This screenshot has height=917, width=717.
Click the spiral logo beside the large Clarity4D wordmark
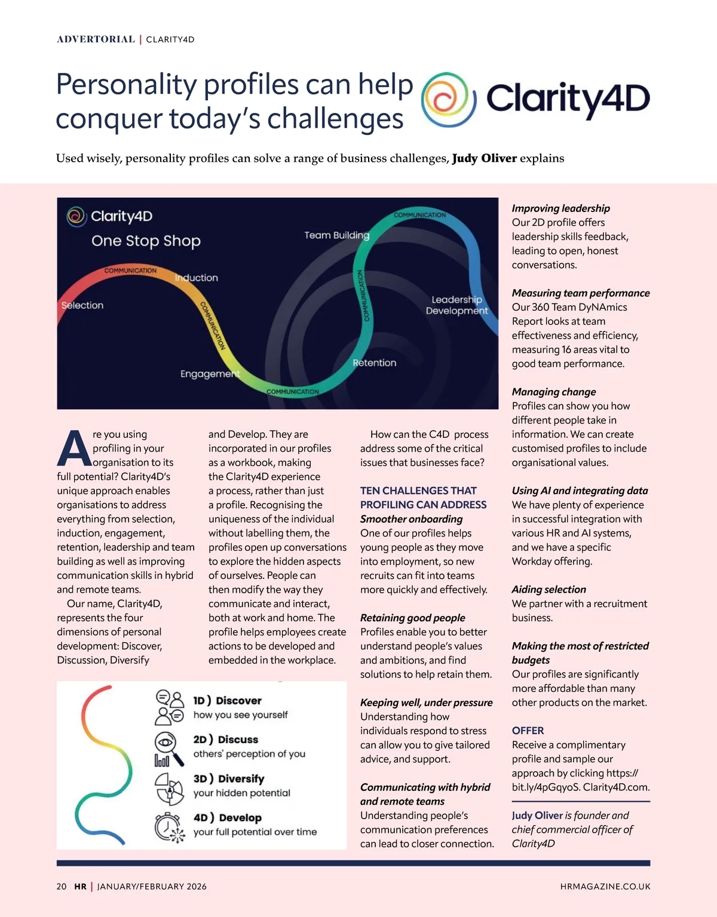tap(448, 100)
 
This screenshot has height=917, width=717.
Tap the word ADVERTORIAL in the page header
tap(96, 39)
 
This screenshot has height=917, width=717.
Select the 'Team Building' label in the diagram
tap(336, 235)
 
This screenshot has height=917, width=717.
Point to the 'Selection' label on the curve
tap(82, 305)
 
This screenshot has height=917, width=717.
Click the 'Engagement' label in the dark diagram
tap(210, 374)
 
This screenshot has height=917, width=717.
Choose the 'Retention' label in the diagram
tap(374, 363)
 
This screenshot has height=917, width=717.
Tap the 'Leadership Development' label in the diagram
tap(456, 305)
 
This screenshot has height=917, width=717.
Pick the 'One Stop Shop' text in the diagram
tap(146, 241)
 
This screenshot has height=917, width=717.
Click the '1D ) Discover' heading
tap(227, 700)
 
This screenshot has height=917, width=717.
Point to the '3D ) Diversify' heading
tap(228, 778)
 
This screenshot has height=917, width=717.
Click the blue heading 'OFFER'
tap(528, 731)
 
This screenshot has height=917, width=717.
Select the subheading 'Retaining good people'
tap(412, 618)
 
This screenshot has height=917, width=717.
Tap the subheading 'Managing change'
tap(553, 392)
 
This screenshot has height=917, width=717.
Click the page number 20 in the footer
tap(62, 887)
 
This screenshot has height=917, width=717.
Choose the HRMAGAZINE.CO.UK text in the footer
tap(605, 887)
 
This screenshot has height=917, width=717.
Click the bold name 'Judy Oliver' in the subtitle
tap(484, 158)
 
